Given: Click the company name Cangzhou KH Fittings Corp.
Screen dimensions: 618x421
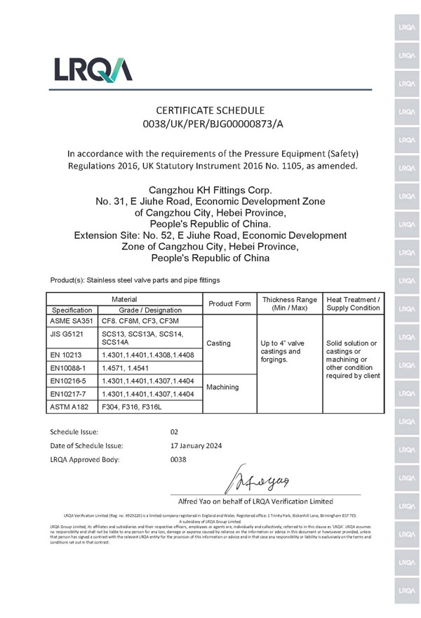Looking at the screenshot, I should (210, 190).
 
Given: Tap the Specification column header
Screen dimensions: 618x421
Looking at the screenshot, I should (71, 310).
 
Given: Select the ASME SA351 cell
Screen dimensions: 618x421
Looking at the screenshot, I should (71, 320).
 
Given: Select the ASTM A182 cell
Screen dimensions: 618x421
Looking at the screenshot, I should (70, 407).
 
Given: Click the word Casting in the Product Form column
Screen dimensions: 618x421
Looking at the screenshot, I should (219, 343).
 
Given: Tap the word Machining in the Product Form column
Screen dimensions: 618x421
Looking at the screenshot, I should (224, 387).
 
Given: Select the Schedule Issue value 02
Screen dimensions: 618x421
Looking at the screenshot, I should (176, 431).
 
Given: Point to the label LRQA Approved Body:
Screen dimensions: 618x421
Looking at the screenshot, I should (85, 459).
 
